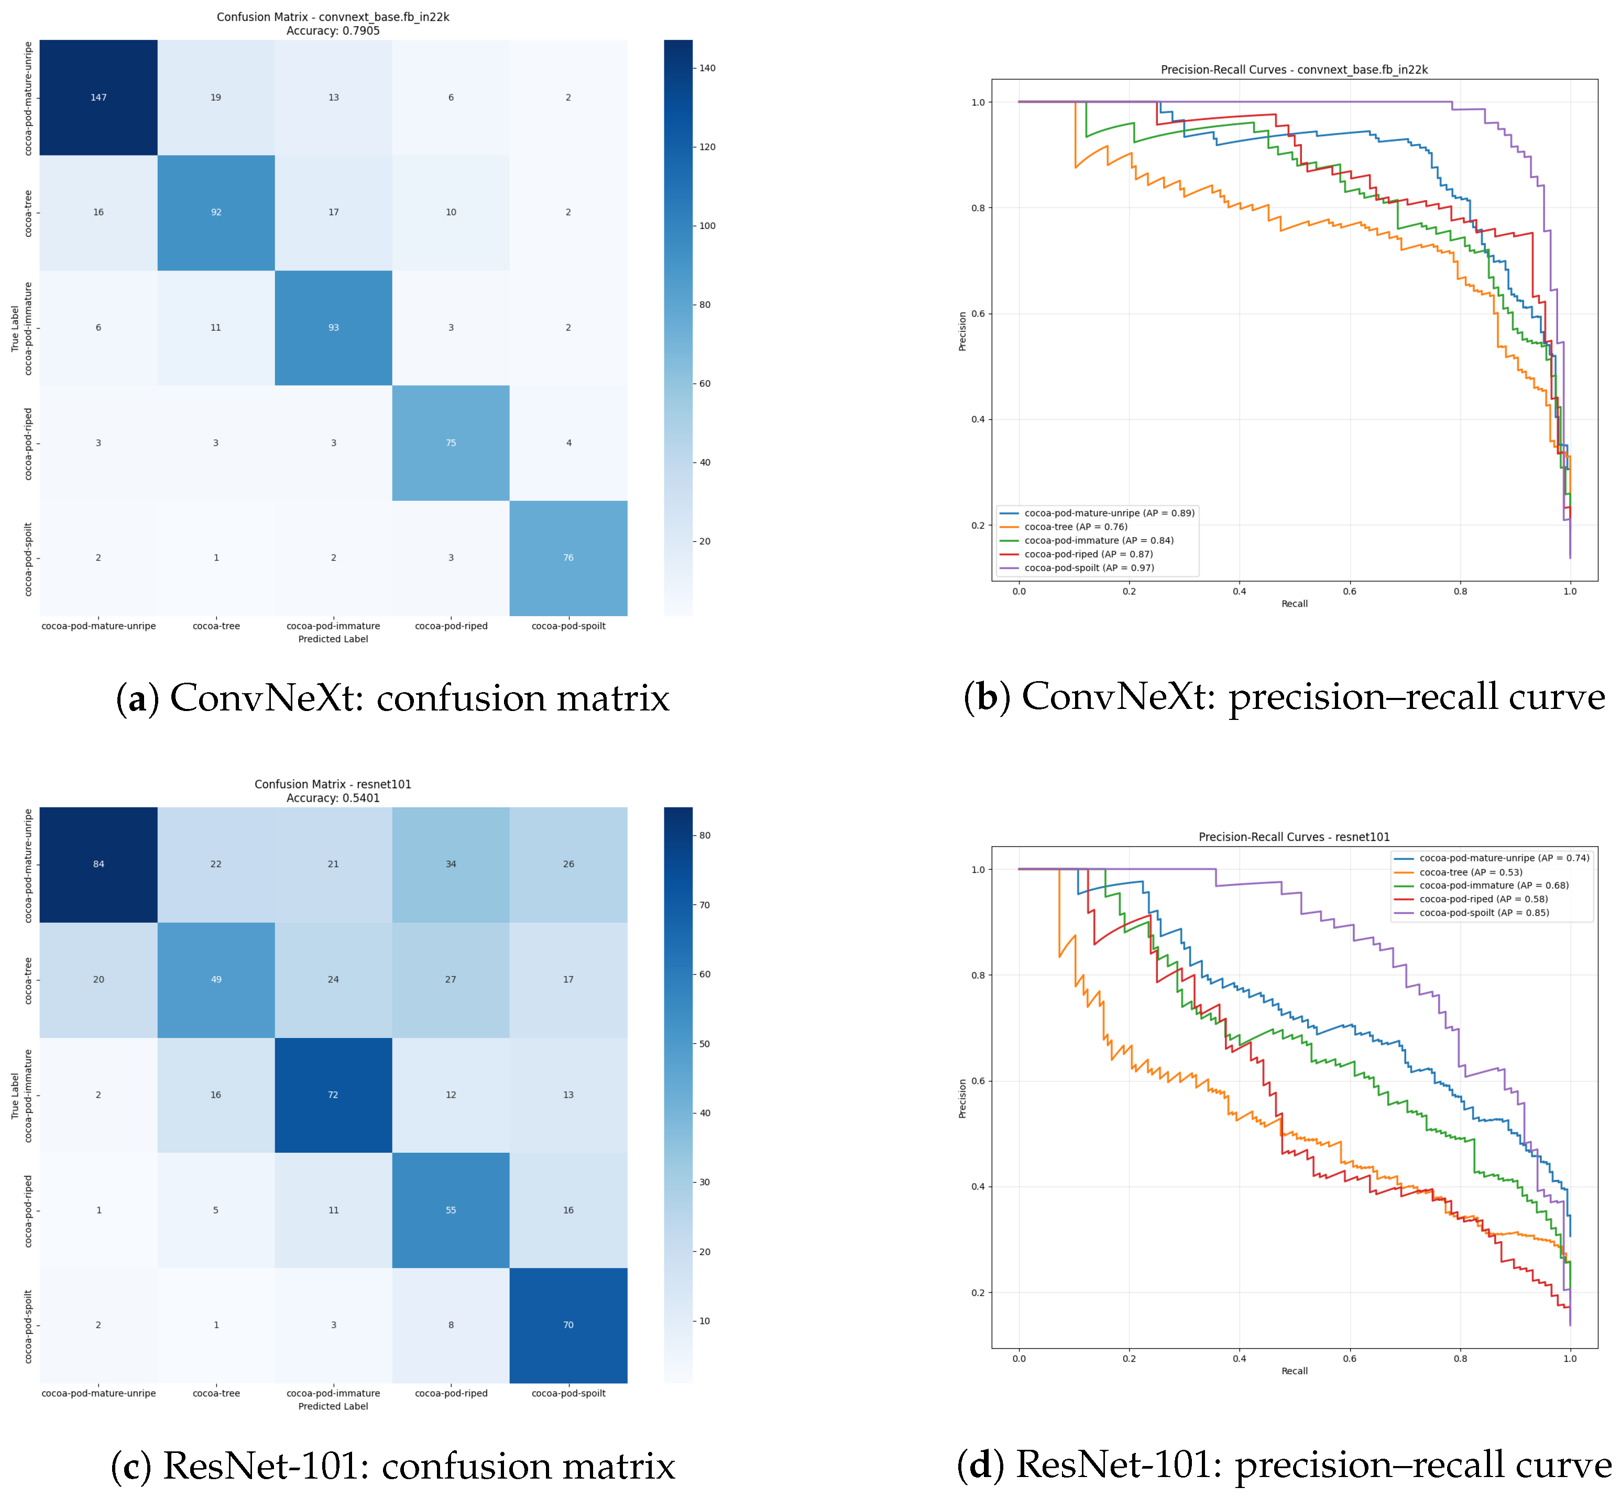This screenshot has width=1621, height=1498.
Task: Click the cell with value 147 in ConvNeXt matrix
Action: [98, 97]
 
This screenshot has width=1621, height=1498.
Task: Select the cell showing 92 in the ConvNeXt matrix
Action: [216, 212]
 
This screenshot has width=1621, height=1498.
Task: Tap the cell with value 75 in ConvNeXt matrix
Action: [451, 443]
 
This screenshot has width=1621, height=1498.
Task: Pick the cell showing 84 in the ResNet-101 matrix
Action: [98, 864]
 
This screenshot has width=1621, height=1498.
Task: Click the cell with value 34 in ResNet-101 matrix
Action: [451, 864]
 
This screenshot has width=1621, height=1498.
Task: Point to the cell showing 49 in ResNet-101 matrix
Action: [216, 979]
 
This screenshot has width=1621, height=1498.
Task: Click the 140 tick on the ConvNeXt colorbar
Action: [707, 68]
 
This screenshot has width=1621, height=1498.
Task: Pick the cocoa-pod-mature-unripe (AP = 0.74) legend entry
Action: [1504, 858]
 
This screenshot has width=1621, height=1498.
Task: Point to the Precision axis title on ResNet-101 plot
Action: [963, 1098]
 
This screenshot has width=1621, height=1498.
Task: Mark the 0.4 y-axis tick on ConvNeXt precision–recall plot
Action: [978, 420]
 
